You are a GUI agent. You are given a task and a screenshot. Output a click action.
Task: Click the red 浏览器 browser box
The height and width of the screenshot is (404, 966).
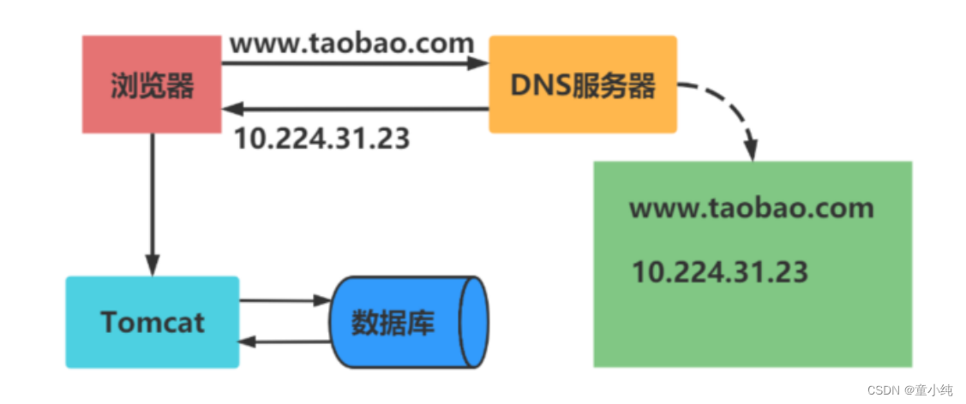pyautogui.click(x=152, y=85)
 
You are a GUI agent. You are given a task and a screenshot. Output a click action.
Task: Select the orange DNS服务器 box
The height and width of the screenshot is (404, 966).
pyautogui.click(x=583, y=85)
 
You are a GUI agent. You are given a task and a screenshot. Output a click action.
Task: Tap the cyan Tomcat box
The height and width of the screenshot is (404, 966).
pyautogui.click(x=153, y=322)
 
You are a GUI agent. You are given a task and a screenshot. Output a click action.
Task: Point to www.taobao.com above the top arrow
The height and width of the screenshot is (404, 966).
pyautogui.click(x=352, y=42)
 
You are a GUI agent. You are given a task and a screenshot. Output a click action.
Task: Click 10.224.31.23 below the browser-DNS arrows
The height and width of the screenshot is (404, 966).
pyautogui.click(x=321, y=138)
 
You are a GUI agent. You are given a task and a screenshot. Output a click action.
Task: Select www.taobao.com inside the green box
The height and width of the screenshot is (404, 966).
pyautogui.click(x=752, y=208)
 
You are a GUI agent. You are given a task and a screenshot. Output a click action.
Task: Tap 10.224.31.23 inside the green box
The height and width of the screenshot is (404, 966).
pyautogui.click(x=720, y=272)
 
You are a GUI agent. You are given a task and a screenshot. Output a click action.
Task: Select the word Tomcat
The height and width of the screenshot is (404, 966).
pyautogui.click(x=153, y=322)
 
